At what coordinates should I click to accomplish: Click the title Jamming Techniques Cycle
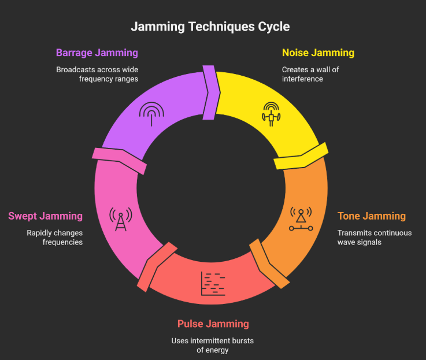click(210, 27)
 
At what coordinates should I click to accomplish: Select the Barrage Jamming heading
click(97, 53)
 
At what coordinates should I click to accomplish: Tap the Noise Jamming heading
click(318, 53)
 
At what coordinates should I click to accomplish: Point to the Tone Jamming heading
click(372, 216)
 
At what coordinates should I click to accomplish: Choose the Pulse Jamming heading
click(213, 324)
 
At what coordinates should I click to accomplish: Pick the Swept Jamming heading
click(45, 216)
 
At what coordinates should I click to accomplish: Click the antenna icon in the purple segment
click(151, 114)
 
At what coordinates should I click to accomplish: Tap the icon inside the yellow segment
click(271, 114)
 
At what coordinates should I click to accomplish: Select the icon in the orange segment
click(301, 219)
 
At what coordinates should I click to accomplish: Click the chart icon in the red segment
click(213, 283)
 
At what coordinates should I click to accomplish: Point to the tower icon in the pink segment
click(121, 219)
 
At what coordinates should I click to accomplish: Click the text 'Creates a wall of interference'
click(310, 74)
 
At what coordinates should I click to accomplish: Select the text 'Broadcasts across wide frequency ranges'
click(97, 74)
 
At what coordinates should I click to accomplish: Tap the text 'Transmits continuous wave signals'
click(375, 237)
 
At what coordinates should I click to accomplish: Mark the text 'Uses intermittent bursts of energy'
click(213, 346)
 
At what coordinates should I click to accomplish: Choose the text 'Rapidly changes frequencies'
click(54, 237)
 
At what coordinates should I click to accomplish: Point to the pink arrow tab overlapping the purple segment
click(120, 159)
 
